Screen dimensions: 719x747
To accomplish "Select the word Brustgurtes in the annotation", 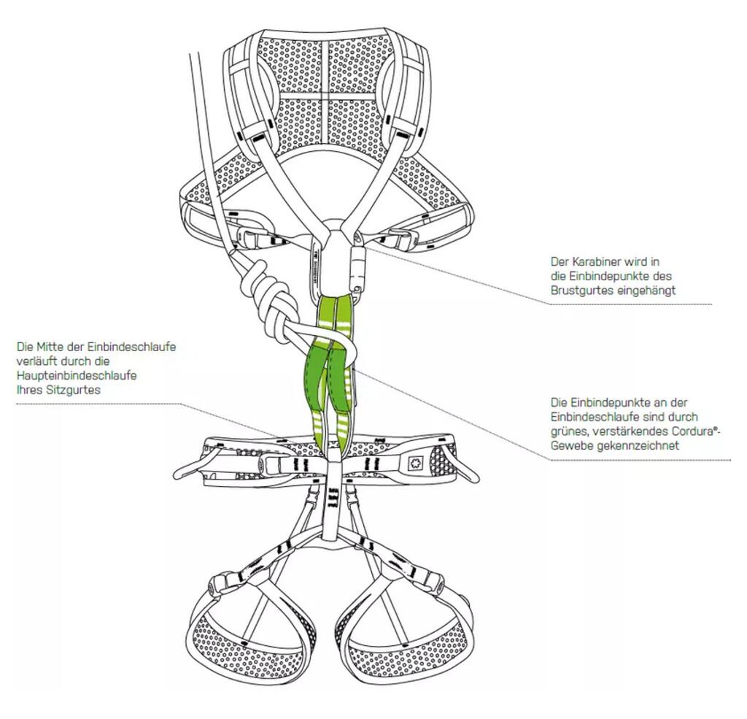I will [x=579, y=290].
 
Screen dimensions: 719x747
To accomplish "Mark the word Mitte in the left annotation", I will [x=49, y=347].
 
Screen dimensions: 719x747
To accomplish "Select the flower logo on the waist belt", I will [x=417, y=461].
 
